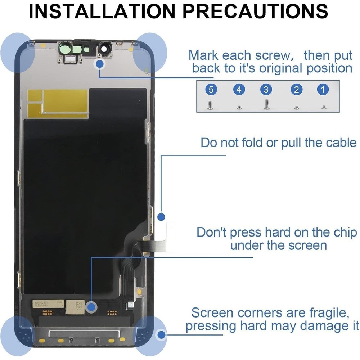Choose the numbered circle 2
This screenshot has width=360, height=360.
coord(296,89)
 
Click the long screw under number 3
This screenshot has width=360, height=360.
coord(266,104)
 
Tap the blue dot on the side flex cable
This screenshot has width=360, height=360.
coord(161,217)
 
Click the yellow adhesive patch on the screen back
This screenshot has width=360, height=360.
coord(58,103)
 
